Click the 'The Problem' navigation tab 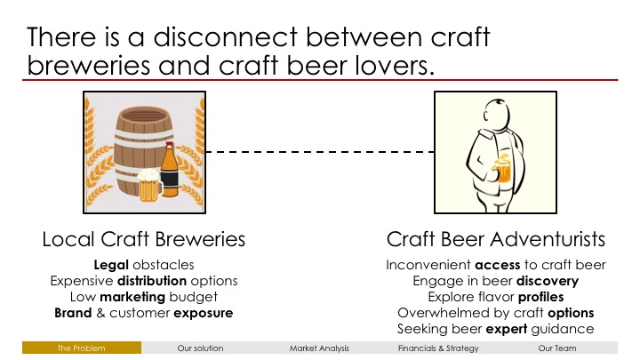82,348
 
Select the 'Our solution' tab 200,348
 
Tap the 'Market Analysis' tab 319,348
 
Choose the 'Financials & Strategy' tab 438,348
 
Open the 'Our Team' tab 557,348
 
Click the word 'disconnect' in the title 225,36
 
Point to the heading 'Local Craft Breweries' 144,239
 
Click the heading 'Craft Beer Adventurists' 495,239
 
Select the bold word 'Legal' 111,265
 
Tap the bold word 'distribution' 152,281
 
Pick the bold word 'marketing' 132,297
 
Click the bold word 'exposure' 204,313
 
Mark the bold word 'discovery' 548,281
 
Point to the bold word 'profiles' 540,297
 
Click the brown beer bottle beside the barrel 170,170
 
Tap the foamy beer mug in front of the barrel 149,186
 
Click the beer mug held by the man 502,169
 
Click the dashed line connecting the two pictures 320,152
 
